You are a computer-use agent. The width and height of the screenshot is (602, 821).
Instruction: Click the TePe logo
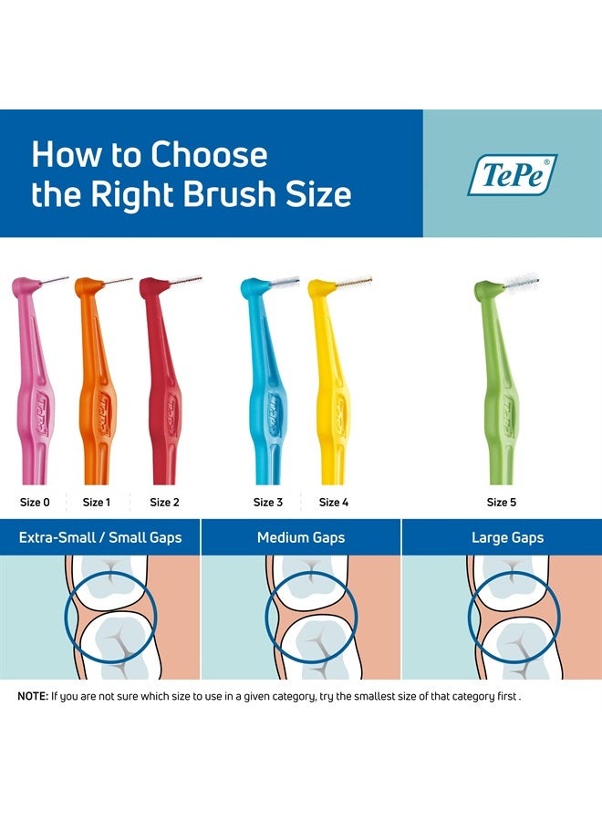(512, 174)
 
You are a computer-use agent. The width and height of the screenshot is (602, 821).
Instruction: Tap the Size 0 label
(35, 502)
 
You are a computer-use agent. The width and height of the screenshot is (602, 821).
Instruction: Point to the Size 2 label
(164, 502)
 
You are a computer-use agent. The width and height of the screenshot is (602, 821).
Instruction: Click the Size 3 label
(268, 502)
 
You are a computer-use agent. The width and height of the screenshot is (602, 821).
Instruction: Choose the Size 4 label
(334, 502)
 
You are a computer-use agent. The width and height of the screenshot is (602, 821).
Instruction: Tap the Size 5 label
(502, 502)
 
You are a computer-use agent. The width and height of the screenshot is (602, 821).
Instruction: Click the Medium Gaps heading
(301, 537)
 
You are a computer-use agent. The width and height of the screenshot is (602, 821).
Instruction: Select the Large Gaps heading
(507, 537)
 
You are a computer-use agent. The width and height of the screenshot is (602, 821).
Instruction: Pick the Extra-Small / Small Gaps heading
(100, 537)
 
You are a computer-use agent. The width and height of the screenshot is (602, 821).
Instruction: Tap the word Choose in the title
(210, 155)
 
